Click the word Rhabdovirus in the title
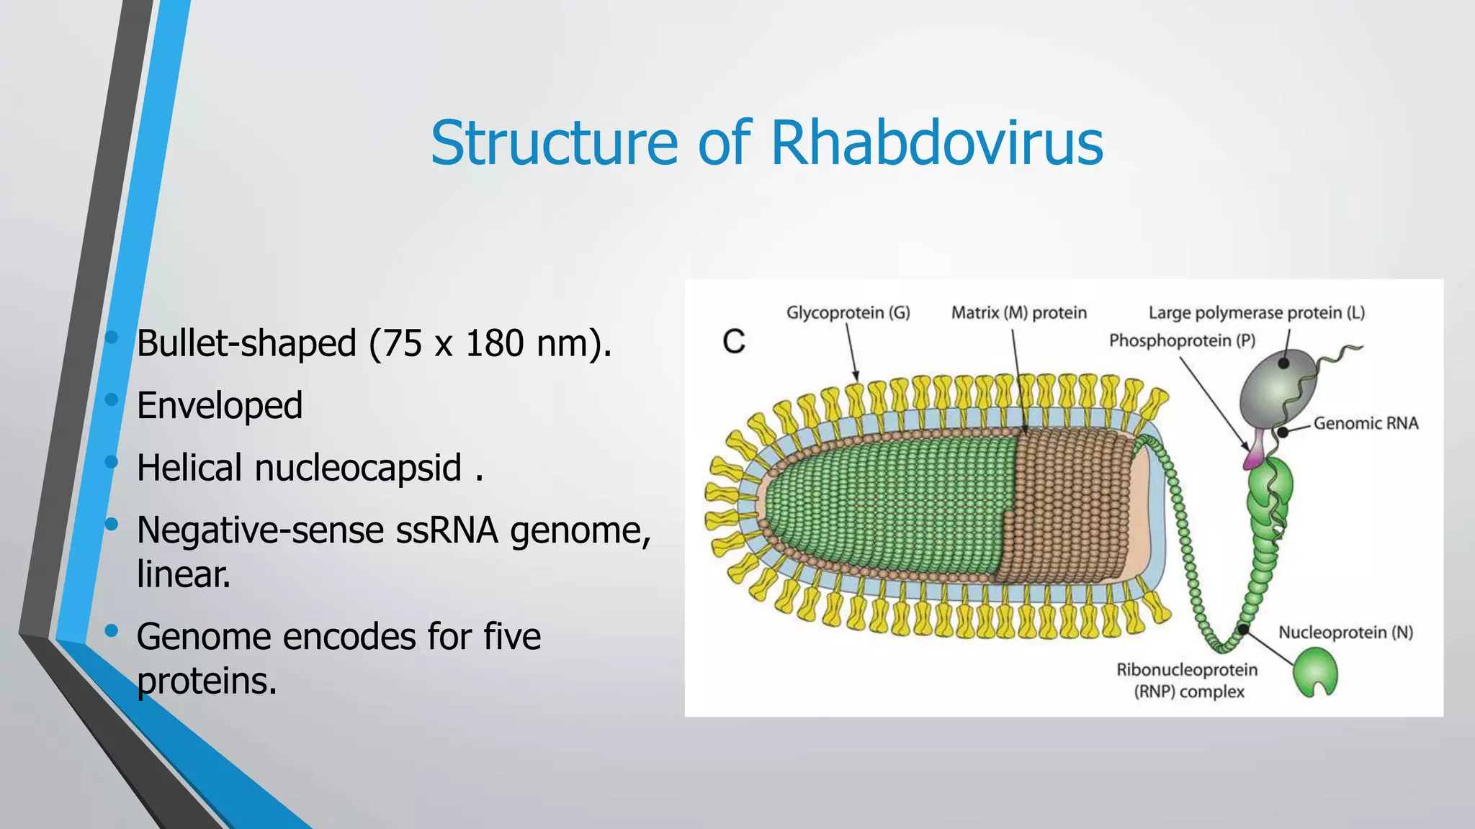click(x=936, y=142)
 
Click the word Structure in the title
click(x=555, y=142)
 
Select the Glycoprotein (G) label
click(x=848, y=313)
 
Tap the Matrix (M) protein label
click(x=1018, y=313)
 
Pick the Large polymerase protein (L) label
click(x=1256, y=313)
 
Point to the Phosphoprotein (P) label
click(x=1182, y=340)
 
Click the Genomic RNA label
click(x=1366, y=423)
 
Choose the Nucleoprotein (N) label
click(x=1345, y=633)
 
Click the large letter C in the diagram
click(x=734, y=342)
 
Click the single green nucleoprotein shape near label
click(x=1315, y=671)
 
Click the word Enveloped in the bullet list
click(x=220, y=405)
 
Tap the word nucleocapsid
click(x=358, y=468)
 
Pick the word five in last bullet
click(x=511, y=637)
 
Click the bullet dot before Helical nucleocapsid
click(x=111, y=462)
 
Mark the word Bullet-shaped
click(x=246, y=343)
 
